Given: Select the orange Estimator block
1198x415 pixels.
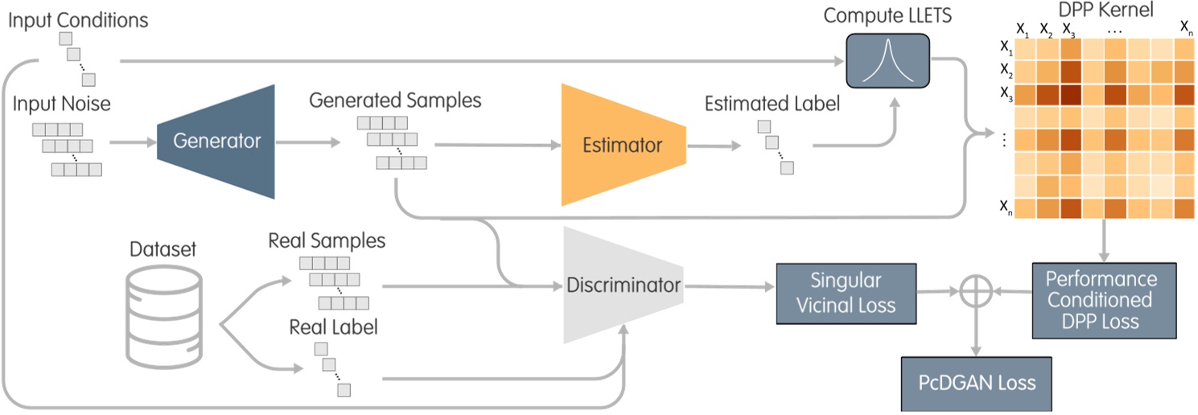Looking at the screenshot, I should pos(623,145).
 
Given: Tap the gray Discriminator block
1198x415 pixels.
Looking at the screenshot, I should pos(623,285).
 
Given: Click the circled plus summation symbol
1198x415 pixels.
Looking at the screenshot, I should pos(976,293).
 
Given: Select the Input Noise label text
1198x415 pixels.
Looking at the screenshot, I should pos(63,105).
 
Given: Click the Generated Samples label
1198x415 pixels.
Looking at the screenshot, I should pos(395,101).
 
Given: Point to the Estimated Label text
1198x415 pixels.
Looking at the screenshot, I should pos(772,104).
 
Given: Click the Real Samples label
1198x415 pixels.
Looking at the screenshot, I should pos(327,240).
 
